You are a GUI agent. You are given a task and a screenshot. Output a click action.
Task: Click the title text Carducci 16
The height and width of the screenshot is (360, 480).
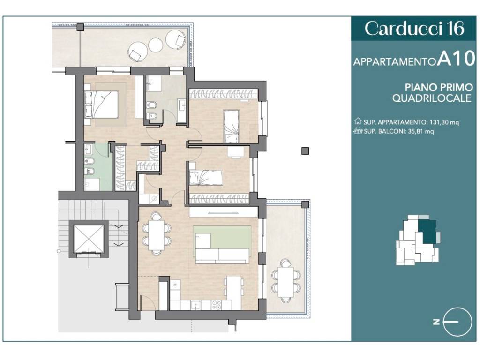(x=414, y=29)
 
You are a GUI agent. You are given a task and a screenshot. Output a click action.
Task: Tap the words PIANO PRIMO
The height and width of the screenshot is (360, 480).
(x=439, y=87)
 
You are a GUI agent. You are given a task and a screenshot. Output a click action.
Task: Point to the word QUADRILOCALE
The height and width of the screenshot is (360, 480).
(x=432, y=98)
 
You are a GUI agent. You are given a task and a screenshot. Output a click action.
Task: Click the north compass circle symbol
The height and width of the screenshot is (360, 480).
(x=457, y=322)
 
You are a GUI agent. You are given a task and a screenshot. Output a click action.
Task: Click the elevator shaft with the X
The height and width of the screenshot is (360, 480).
(x=89, y=238)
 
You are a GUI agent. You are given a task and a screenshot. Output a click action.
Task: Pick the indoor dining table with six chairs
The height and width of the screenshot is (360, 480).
(x=157, y=233)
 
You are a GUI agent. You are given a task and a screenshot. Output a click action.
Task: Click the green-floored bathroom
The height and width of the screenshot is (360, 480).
(x=98, y=167)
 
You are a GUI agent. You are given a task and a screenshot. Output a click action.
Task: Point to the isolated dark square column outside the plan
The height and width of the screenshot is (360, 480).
(x=305, y=150)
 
